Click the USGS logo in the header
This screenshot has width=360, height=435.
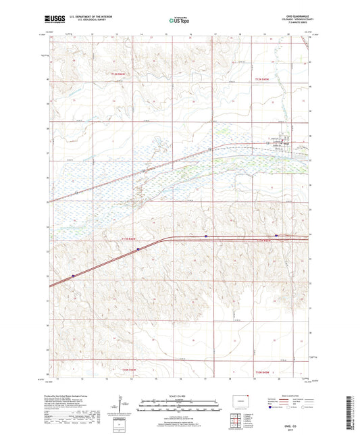[53, 20]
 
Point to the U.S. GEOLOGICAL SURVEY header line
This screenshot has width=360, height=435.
[82, 21]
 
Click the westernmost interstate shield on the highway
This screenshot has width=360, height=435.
[72, 275]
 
